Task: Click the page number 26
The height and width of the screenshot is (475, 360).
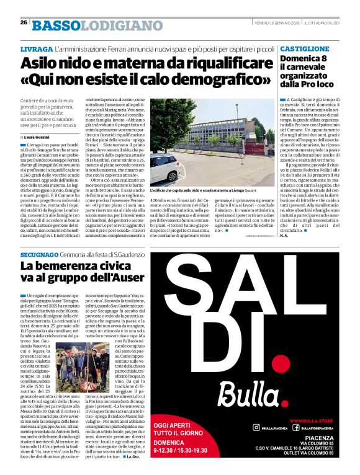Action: coord(24,22)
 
